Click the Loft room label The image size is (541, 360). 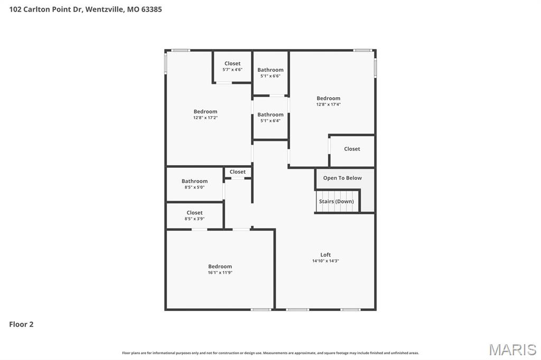pos(325,255)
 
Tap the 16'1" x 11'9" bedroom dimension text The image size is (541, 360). pos(220,273)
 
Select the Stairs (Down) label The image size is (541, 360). pos(337,201)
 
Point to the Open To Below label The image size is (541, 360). pos(342,178)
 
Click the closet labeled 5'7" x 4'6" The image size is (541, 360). pos(232,67)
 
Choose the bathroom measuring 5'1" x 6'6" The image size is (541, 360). pos(270,73)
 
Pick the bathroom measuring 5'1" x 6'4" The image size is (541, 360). pos(270,117)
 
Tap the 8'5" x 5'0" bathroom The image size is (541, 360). pos(194,184)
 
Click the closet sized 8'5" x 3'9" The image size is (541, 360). pos(194,216)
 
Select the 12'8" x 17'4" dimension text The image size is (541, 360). pos(328,105)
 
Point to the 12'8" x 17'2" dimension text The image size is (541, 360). pos(205,118)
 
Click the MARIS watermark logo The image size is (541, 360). pos(512,349)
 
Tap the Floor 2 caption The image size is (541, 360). pos(21,324)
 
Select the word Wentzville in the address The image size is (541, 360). pos(104,9)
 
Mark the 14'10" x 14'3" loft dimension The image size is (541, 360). pos(325,261)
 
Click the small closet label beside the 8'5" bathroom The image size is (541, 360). pos(238,172)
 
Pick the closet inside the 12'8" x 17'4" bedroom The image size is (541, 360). pos(352,149)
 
